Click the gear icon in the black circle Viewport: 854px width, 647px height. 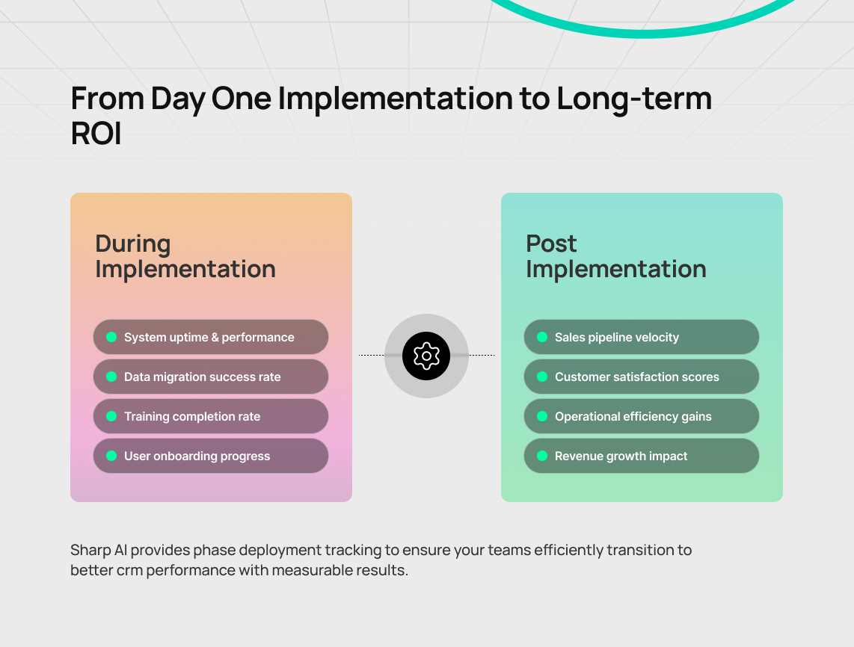426,356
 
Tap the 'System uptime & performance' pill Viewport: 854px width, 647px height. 211,338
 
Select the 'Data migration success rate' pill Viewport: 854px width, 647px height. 211,377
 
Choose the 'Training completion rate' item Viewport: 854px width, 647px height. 211,416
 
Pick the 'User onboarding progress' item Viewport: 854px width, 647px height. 211,456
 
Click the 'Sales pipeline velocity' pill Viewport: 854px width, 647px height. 642,338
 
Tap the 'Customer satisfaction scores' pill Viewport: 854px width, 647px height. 642,377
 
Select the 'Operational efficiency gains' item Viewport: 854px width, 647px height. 642,416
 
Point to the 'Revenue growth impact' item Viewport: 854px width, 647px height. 642,456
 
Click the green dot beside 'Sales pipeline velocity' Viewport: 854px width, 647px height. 542,337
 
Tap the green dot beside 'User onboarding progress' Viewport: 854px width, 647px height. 111,456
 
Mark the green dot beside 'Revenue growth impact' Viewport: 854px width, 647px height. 542,456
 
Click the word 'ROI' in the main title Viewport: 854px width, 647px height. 96,133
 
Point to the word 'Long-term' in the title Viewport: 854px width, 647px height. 634,99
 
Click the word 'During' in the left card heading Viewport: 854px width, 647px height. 133,244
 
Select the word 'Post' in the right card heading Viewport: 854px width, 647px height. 551,244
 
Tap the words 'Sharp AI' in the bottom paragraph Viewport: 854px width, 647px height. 99,550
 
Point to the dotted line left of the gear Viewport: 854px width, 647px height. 372,356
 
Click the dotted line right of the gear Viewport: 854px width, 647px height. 482,356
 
